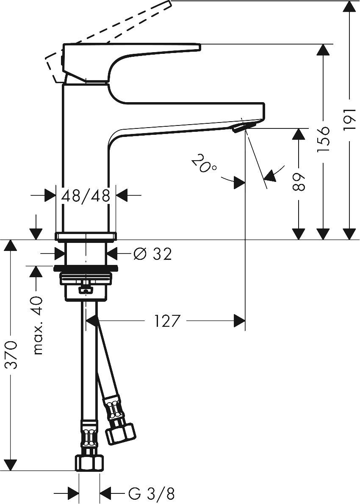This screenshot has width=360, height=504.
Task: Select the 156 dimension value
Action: click(323, 136)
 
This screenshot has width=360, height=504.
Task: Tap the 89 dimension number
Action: click(299, 181)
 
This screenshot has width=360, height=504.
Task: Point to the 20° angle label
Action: click(203, 164)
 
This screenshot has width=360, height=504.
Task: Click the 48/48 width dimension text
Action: click(86, 195)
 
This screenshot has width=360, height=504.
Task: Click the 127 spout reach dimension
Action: click(167, 321)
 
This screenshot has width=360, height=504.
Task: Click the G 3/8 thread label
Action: click(151, 493)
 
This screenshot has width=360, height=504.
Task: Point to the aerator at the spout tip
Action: click(244, 126)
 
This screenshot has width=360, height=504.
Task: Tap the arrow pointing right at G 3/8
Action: click(74, 493)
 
